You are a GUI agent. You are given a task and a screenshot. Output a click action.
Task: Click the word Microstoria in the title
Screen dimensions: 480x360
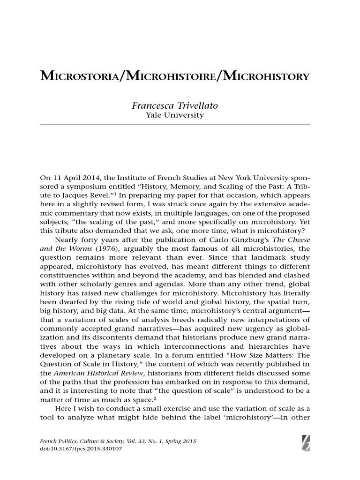pos(80,76)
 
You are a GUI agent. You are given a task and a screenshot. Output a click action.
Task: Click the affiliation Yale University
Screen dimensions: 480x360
pos(175,115)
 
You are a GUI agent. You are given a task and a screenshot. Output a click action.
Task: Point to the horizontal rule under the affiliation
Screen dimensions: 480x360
pos(175,125)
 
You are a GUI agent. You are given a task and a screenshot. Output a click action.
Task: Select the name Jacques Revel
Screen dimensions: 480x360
pos(69,196)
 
